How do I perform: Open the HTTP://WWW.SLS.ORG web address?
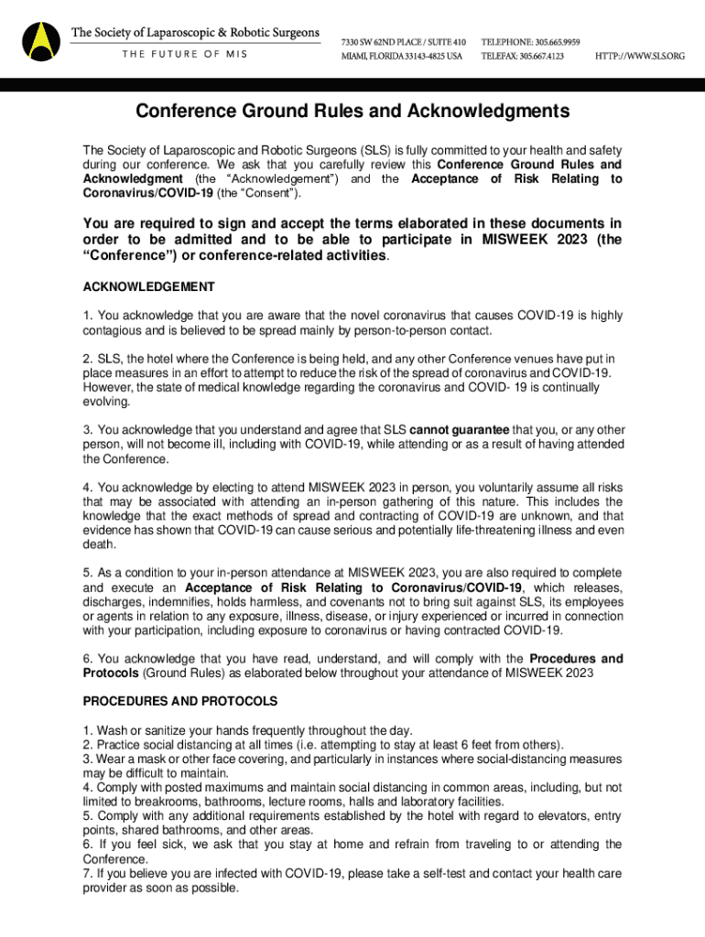[639, 57]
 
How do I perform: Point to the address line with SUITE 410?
[403, 42]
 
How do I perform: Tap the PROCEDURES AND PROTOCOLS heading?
[179, 702]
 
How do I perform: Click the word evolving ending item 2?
[106, 402]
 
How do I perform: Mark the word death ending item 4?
[100, 544]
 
